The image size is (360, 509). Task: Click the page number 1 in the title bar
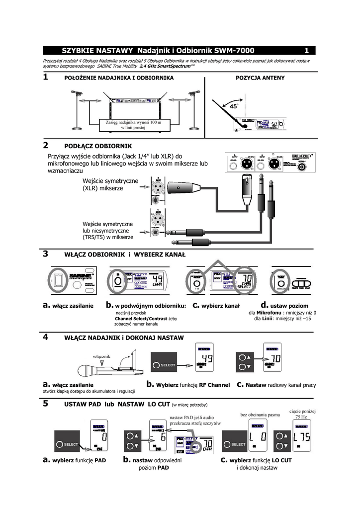[307, 51]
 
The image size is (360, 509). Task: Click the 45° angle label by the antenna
[233, 106]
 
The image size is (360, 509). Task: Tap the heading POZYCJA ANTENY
[260, 78]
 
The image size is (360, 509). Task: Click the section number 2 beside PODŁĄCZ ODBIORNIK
[46, 146]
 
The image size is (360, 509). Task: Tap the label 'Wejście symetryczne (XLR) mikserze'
[110, 184]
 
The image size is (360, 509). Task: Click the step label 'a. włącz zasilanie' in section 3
[68, 306]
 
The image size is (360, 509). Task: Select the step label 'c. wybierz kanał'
[216, 306]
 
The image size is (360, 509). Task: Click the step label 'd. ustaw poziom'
[284, 305]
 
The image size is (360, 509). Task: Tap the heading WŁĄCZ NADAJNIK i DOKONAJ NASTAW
[124, 338]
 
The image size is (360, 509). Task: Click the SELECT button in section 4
[165, 365]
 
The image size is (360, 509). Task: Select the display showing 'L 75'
[301, 437]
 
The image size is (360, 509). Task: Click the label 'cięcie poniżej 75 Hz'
[301, 414]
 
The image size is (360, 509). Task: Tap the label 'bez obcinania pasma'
[260, 414]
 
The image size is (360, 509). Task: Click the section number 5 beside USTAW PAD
[46, 404]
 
